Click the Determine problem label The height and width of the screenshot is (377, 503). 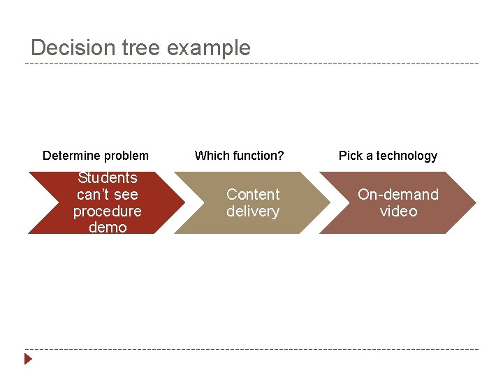[x=96, y=156]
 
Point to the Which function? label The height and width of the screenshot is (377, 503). [x=239, y=156]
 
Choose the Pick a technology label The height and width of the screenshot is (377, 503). [x=388, y=156]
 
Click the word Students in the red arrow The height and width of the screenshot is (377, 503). [x=108, y=178]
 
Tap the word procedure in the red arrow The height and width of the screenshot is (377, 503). [x=108, y=212]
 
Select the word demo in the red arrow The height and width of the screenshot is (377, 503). [x=108, y=228]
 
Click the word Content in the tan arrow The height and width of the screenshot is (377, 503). [x=253, y=195]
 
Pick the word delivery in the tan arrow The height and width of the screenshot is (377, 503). [x=253, y=212]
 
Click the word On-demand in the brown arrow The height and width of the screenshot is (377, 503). [x=398, y=195]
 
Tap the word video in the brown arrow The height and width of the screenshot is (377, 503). [x=398, y=212]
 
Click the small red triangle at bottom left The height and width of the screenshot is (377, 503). [x=28, y=360]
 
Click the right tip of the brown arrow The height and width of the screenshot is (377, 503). [x=475, y=202]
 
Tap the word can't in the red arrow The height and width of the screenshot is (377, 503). [x=108, y=195]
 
